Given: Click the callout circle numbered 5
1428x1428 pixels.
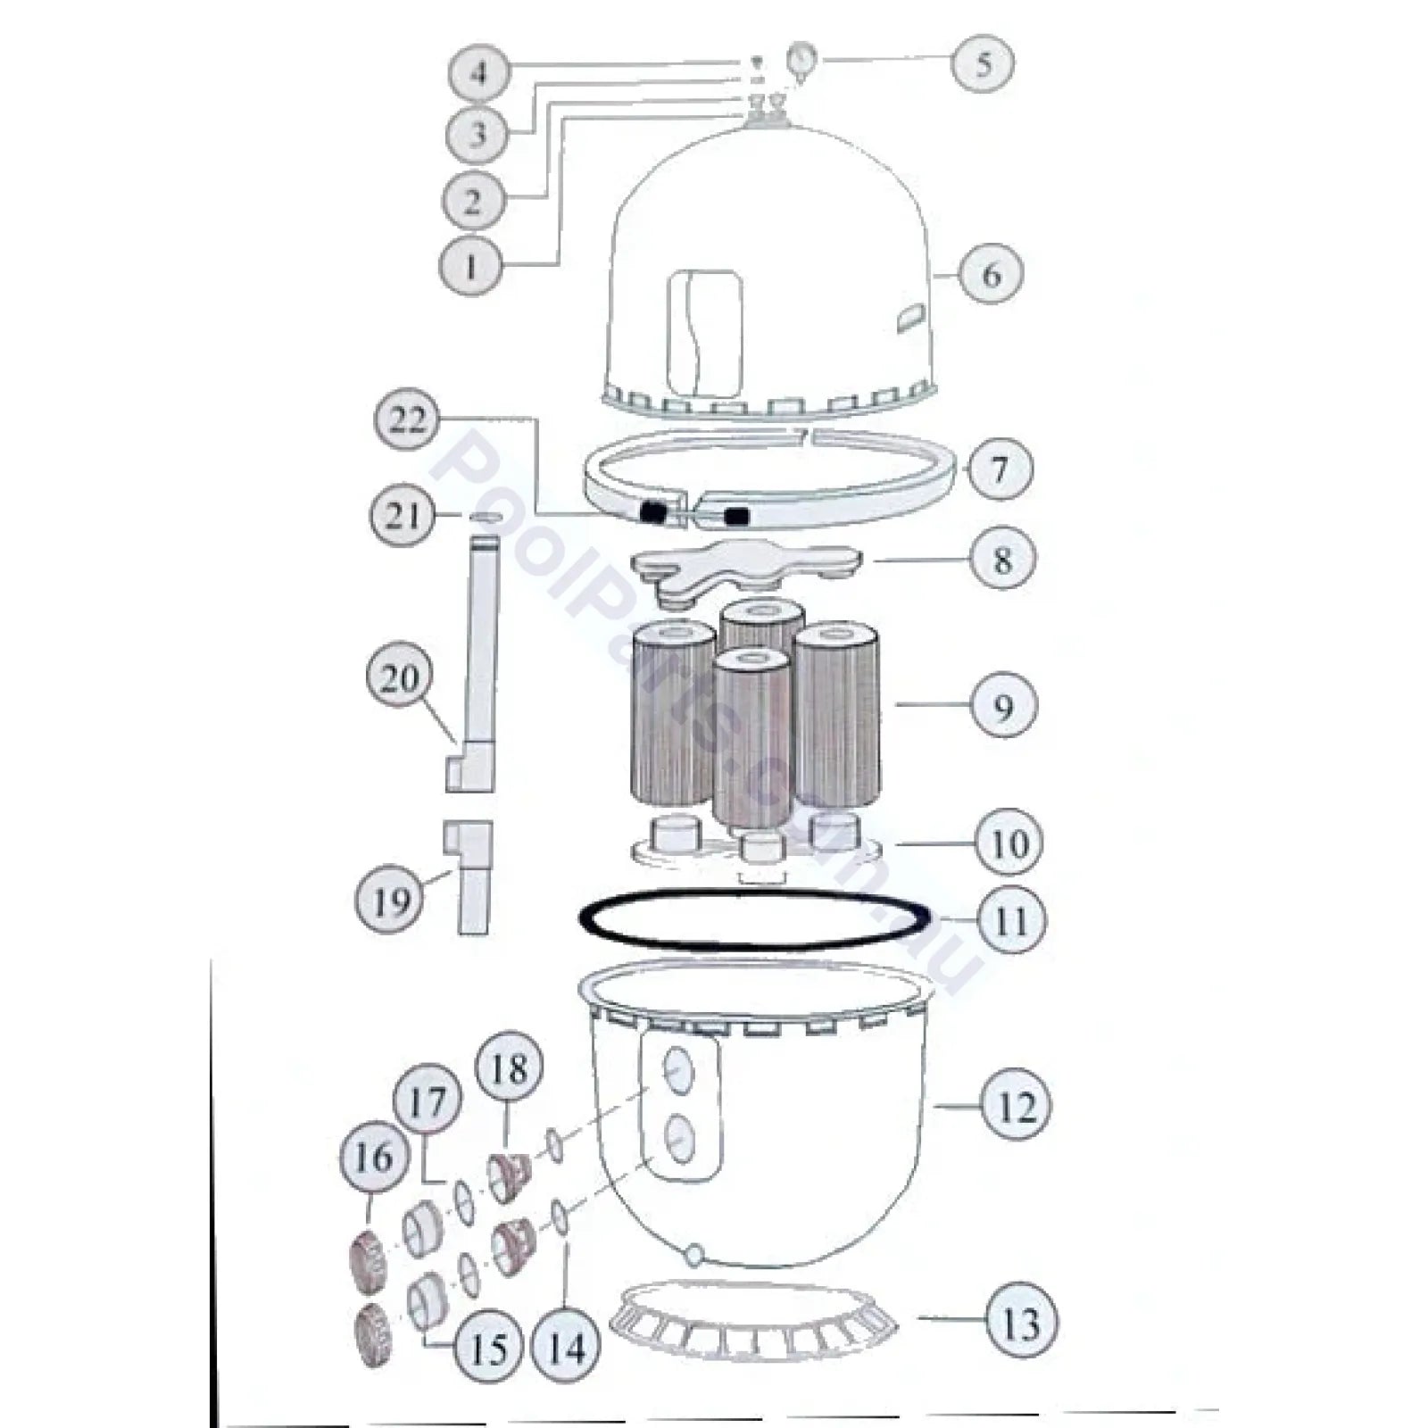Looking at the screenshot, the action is tap(984, 62).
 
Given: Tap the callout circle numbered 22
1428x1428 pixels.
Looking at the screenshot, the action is tap(408, 419).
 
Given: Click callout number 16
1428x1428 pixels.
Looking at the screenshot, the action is tap(374, 1158).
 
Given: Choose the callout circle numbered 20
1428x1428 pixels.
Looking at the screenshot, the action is tap(399, 678).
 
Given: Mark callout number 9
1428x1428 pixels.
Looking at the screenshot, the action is tap(1003, 705).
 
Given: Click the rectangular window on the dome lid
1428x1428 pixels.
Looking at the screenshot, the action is tap(705, 335).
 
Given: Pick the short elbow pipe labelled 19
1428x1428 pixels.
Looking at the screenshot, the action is tap(469, 876).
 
